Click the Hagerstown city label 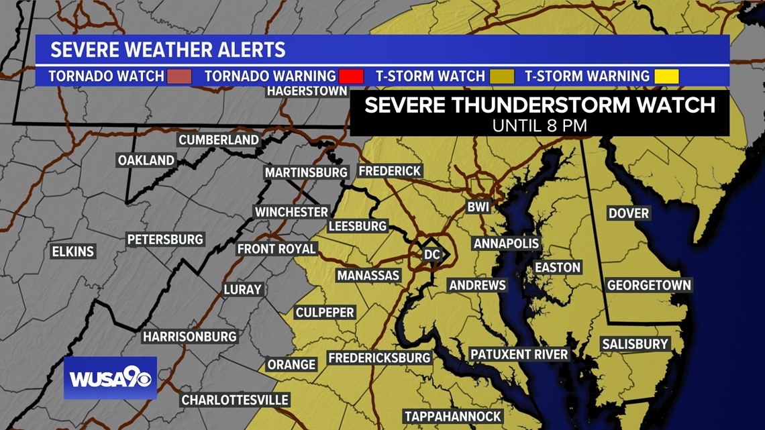307,91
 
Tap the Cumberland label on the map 219,140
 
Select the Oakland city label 146,160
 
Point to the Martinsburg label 306,172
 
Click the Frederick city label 390,171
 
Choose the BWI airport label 478,207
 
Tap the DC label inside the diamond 431,255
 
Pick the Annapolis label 507,244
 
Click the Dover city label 628,213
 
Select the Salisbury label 635,344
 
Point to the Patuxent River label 519,354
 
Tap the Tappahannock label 453,417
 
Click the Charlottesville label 235,400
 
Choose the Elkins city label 73,252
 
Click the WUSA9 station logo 110,378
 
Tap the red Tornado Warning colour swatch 352,76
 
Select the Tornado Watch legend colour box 180,76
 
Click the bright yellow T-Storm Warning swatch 667,76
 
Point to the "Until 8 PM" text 540,125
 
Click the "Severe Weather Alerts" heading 168,50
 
